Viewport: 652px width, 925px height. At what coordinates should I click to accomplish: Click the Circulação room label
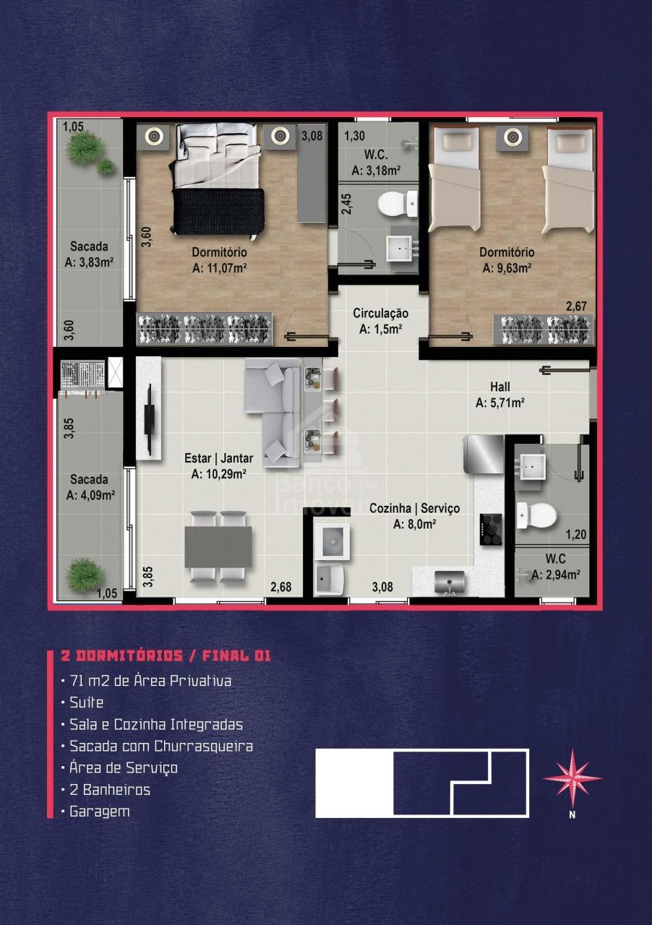(380, 314)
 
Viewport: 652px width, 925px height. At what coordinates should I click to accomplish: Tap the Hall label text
(500, 387)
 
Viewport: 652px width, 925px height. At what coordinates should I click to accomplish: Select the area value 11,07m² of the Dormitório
(220, 268)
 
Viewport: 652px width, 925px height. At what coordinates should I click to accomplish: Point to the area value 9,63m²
(507, 268)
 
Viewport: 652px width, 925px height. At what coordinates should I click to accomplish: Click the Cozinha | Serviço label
(414, 508)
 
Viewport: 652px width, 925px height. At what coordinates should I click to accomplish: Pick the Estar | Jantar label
(219, 458)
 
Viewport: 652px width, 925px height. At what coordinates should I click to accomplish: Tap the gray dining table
(218, 547)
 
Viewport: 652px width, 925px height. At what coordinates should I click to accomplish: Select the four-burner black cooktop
(491, 530)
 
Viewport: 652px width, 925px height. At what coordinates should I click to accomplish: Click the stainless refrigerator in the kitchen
(484, 454)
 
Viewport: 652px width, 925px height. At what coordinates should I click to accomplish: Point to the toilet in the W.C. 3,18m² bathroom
(398, 204)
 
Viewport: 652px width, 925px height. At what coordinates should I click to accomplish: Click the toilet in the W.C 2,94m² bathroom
(537, 515)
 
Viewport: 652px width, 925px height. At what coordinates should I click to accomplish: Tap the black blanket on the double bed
(218, 211)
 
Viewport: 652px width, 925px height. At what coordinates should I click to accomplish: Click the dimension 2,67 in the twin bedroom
(576, 306)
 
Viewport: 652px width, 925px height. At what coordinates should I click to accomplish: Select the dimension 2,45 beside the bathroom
(347, 204)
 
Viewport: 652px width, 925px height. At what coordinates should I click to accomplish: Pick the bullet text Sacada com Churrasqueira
(161, 747)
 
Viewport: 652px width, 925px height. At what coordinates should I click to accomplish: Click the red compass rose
(572, 778)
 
